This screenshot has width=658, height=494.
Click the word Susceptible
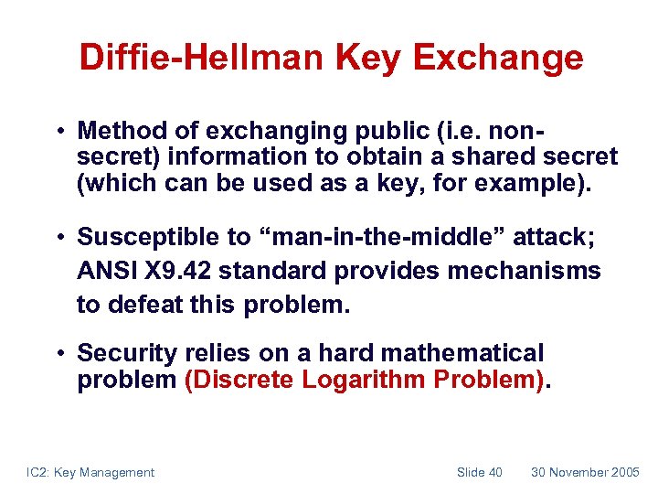[x=151, y=238]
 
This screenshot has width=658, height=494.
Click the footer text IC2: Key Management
[x=89, y=472]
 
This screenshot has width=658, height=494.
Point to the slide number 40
[x=494, y=472]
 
